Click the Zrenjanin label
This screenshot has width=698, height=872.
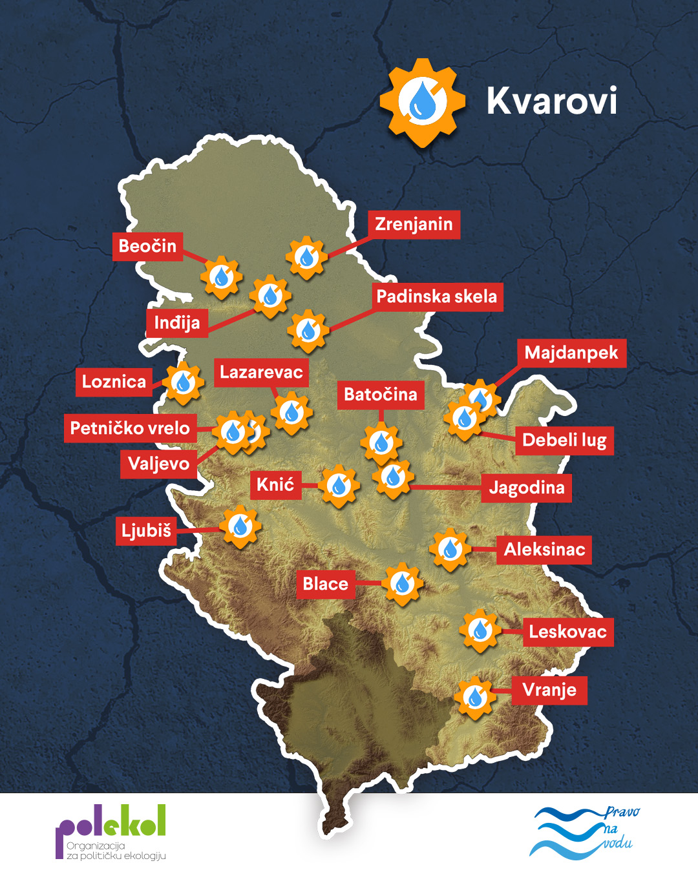414,224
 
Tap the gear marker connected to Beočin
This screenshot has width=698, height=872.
221,277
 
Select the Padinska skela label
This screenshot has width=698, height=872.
437,296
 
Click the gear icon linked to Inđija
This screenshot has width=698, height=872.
270,296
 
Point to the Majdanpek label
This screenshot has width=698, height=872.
571,353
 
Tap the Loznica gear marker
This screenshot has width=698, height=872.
183,383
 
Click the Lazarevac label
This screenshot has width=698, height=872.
261,372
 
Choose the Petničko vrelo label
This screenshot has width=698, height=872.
130,428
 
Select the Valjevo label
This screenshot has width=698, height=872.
158,464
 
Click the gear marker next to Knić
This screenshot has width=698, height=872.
338,486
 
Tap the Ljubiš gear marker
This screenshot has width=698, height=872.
240,526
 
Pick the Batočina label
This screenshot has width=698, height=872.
381,394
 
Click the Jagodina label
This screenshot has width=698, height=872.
527,488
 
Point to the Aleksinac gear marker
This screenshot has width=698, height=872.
450,549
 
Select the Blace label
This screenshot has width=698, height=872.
326,584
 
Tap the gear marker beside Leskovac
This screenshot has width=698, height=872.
480,630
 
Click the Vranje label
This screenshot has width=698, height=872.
549,690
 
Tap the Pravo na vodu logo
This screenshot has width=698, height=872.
584,832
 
